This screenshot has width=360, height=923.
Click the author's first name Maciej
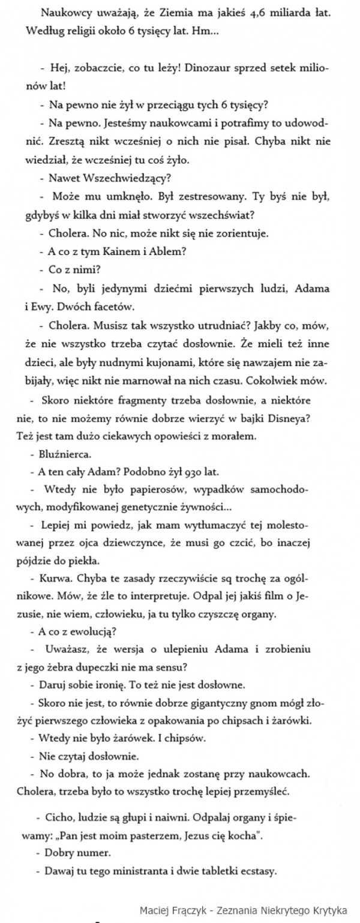155,908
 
